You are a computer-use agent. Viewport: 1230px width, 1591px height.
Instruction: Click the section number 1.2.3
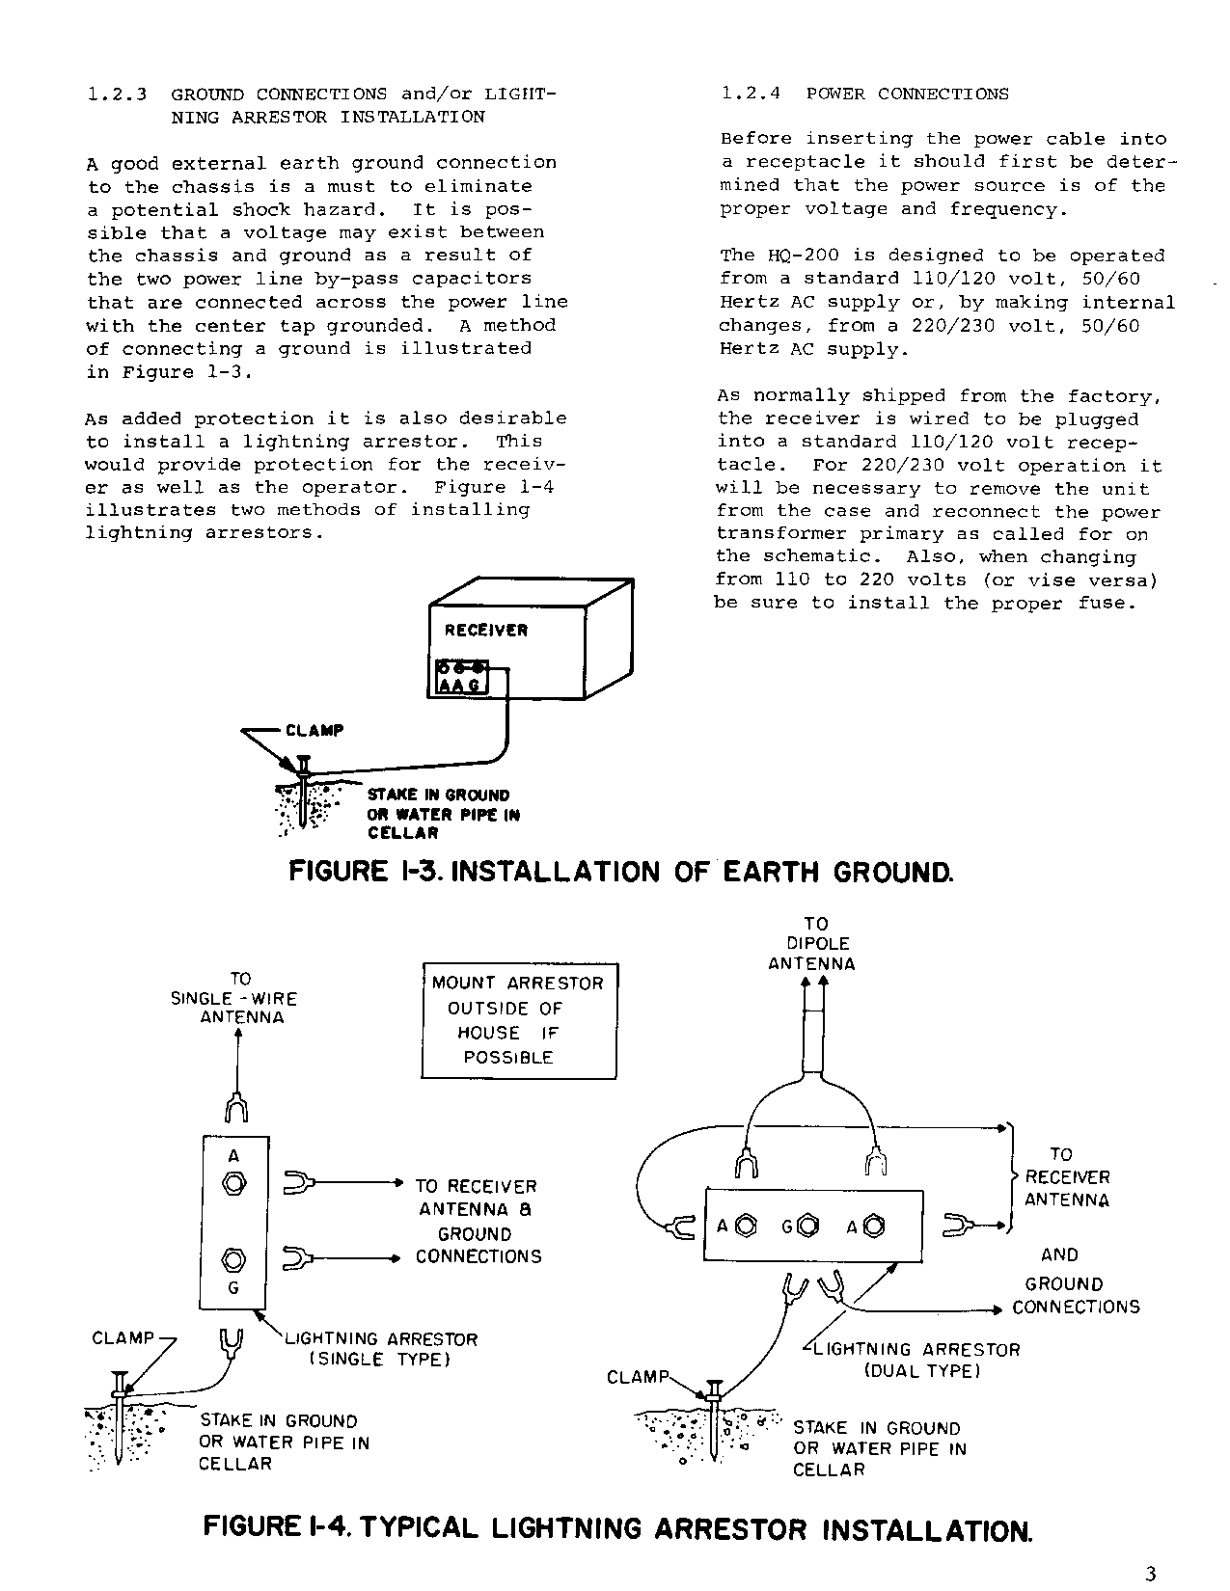coord(116,94)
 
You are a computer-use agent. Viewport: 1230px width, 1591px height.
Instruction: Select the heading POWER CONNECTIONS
coord(907,94)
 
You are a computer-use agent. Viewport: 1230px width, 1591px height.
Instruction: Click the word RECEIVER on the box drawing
coord(485,631)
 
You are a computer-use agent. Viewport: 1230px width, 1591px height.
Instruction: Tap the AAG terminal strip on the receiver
coord(461,677)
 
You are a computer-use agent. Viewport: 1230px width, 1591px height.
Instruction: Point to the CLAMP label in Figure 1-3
coord(314,731)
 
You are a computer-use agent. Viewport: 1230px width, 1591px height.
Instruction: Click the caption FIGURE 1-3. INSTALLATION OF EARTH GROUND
coord(621,873)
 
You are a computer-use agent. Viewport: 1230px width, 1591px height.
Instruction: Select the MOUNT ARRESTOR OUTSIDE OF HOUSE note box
coord(519,1020)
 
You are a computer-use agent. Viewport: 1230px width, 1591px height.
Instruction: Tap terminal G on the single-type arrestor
coord(232,1259)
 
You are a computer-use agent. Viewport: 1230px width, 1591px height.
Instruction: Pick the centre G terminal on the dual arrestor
coord(809,1227)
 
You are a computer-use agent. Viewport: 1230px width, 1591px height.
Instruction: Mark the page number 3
coord(1149,1575)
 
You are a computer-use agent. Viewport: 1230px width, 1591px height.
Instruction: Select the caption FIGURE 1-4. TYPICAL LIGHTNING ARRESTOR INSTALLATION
coord(617,1529)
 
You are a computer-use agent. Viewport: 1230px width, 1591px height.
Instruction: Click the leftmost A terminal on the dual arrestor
coord(745,1227)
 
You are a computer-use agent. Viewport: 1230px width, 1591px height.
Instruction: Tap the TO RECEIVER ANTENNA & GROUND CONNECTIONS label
coord(478,1222)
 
